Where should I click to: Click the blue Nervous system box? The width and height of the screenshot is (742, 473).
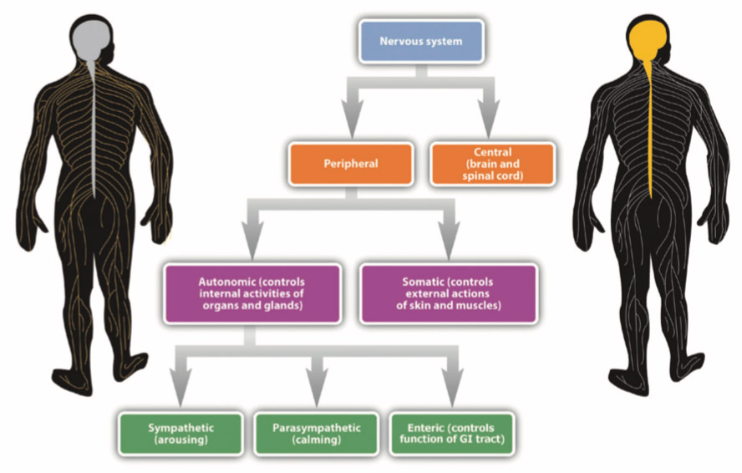point(420,41)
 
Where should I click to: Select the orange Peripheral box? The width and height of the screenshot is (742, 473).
point(350,164)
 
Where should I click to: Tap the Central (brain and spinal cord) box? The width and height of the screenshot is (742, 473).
point(491,164)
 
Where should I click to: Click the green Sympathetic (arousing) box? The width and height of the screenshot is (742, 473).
point(180,434)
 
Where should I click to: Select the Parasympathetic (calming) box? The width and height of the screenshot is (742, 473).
point(316,434)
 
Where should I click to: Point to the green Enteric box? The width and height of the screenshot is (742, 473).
point(451,434)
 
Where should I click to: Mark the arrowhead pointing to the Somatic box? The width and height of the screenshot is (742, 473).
point(449,245)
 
